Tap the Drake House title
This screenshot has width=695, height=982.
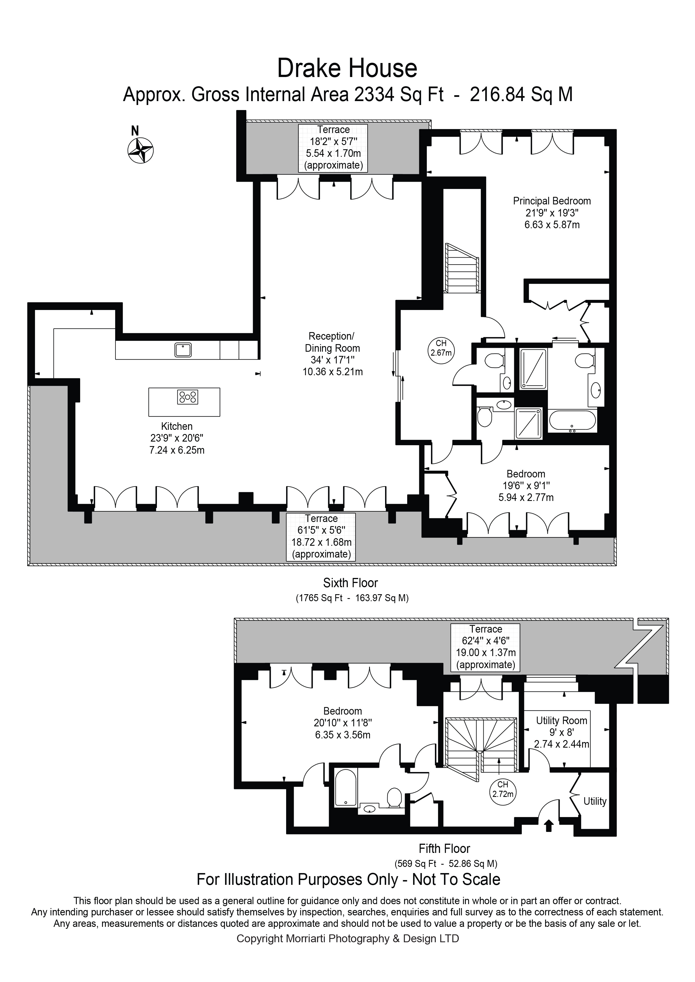pos(347,68)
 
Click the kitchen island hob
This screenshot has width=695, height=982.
pos(187,396)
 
